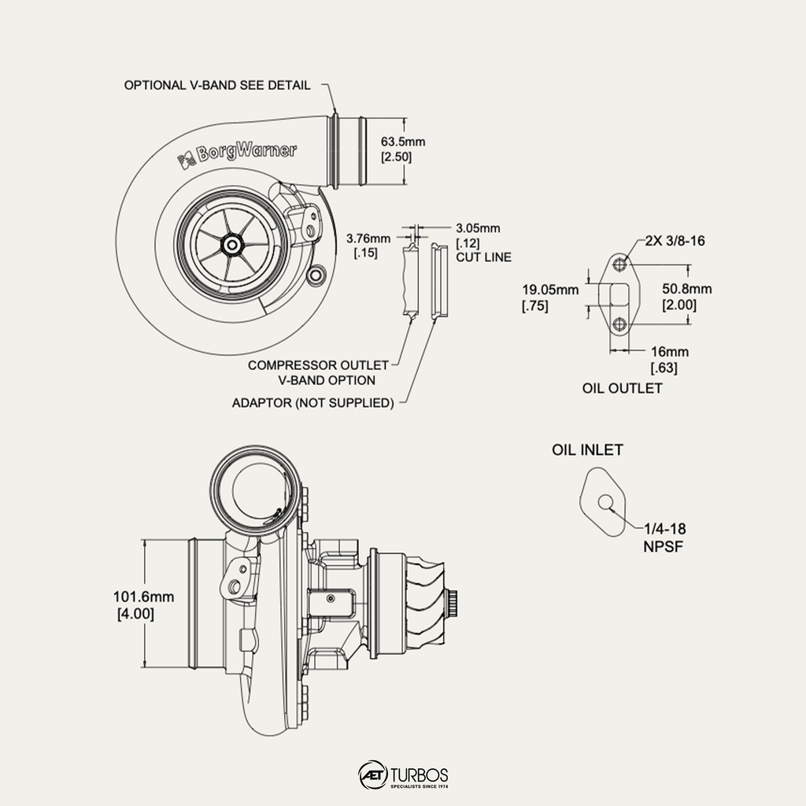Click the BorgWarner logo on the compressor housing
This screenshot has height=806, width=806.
click(237, 155)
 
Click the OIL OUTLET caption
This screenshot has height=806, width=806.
click(622, 388)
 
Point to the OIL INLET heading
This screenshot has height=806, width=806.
click(587, 449)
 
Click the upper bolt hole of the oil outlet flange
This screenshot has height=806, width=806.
click(620, 264)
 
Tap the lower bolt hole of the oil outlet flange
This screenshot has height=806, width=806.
click(620, 324)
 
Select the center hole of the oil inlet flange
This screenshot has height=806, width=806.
click(605, 502)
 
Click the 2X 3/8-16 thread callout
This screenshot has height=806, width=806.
click(675, 241)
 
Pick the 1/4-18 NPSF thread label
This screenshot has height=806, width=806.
click(664, 537)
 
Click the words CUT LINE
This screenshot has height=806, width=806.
click(484, 257)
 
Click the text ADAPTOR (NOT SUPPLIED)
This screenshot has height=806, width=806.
click(313, 402)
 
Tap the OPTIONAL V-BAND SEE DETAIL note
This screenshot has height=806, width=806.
click(217, 85)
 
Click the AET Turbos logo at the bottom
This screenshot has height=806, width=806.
click(404, 775)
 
